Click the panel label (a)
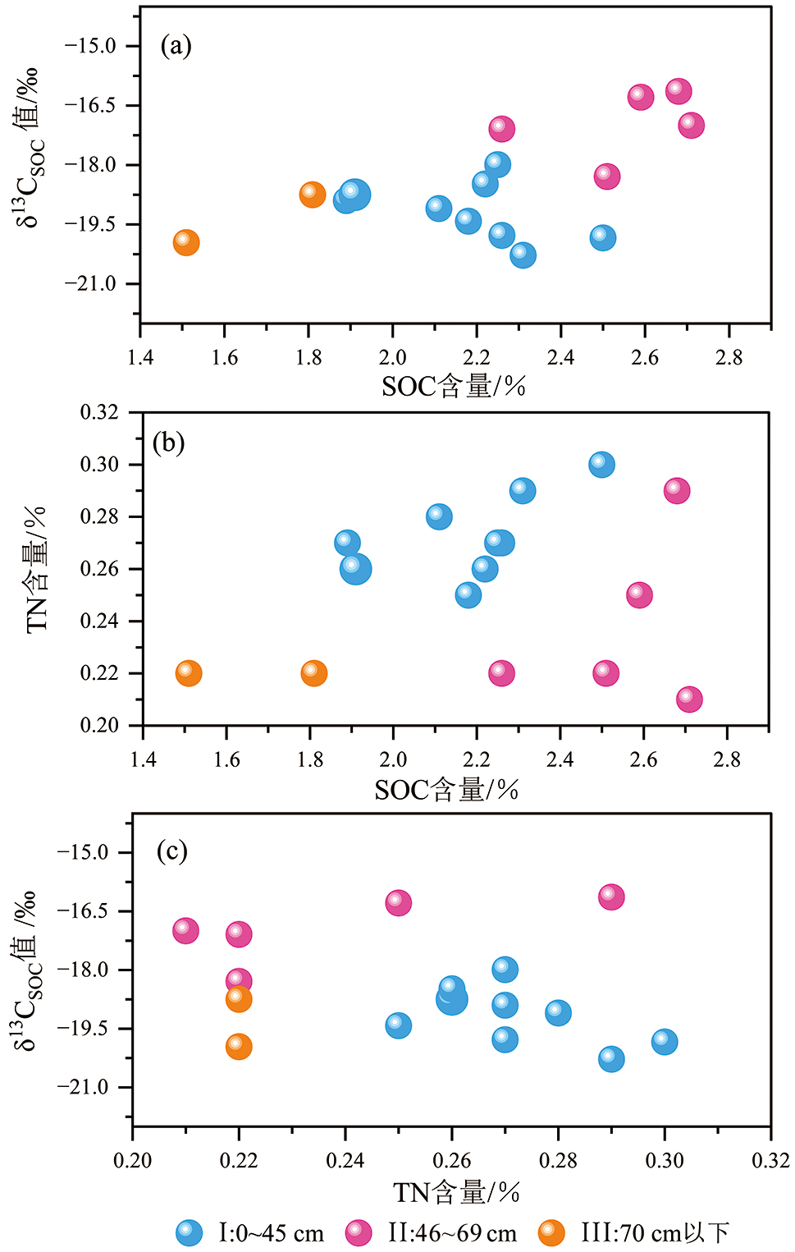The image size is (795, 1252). point(176,45)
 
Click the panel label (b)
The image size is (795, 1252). point(169,443)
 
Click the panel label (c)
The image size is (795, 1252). point(171,851)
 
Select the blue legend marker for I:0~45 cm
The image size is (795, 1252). point(190,1232)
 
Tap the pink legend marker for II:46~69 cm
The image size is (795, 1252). point(359,1232)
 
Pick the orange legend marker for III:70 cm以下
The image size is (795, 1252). point(551,1232)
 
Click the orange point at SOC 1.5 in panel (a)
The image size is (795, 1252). point(186,242)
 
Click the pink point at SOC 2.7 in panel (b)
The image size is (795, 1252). point(689,699)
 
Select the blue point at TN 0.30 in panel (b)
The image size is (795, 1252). point(601,465)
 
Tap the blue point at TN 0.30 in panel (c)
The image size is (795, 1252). point(665,1042)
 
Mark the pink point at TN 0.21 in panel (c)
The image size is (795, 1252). point(185,930)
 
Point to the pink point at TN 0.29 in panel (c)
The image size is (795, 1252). point(611,897)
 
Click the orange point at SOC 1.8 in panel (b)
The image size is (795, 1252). point(313,673)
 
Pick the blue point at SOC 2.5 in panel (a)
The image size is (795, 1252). point(602,238)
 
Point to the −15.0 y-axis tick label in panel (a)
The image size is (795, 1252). point(90,46)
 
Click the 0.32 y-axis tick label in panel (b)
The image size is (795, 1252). point(98,413)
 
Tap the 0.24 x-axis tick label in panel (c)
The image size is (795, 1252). point(345,1161)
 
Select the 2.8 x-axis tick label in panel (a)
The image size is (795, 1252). point(729,357)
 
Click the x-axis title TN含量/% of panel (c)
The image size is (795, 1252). point(456,1193)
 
